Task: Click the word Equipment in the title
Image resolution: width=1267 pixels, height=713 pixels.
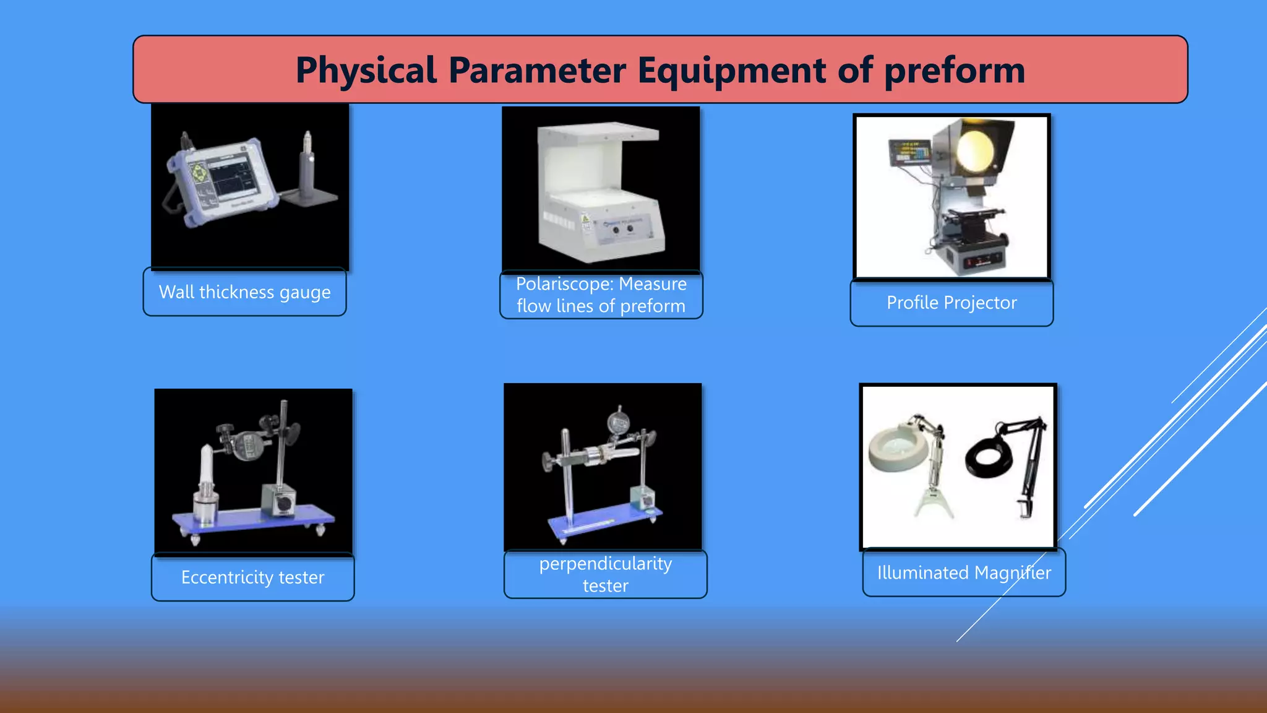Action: pyautogui.click(x=732, y=70)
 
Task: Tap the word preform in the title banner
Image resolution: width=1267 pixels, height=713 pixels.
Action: pyautogui.click(x=954, y=70)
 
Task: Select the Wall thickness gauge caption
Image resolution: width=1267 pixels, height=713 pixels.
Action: pyautogui.click(x=245, y=292)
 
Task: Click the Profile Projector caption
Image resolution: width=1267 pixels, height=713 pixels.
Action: pyautogui.click(x=951, y=303)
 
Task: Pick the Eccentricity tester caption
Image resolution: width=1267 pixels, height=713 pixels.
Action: pyautogui.click(x=252, y=577)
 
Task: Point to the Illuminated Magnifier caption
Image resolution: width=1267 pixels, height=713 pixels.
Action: pyautogui.click(x=964, y=573)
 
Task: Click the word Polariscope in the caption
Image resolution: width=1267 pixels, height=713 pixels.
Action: pyautogui.click(x=564, y=284)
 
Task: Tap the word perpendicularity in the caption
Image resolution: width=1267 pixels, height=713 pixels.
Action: pyautogui.click(x=605, y=564)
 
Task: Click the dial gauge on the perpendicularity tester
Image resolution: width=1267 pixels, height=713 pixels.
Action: pyautogui.click(x=618, y=422)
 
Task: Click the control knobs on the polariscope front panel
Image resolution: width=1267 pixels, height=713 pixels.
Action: pyautogui.click(x=622, y=230)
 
